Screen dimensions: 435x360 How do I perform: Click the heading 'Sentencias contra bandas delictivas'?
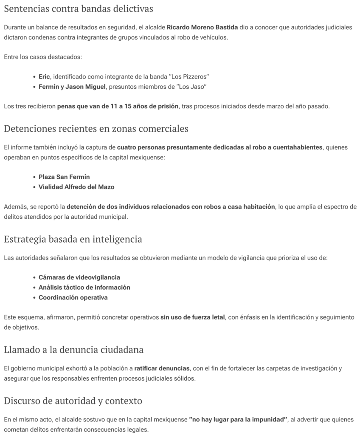click(79, 8)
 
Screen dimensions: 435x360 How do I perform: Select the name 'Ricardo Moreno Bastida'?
click(202, 27)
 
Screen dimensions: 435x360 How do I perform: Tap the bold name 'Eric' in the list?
click(44, 76)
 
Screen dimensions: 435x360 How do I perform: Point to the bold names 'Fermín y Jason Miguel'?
click(72, 87)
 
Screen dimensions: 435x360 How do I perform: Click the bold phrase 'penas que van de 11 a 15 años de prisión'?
click(118, 106)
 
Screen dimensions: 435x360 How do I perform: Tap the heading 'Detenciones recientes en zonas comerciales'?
click(96, 128)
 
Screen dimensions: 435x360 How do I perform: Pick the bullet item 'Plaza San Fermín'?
click(64, 177)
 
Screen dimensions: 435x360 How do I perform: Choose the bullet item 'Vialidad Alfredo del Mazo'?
click(76, 187)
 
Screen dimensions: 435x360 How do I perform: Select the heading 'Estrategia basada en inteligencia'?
click(73, 239)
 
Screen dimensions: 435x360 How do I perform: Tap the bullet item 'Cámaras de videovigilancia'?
click(79, 277)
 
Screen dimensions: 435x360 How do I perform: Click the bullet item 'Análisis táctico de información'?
click(84, 287)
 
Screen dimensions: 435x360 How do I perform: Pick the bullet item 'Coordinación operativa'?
click(73, 297)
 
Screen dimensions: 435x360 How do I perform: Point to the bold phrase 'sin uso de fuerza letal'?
click(192, 317)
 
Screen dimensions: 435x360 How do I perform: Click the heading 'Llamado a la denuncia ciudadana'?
click(73, 350)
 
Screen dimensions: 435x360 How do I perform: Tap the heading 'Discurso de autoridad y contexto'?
click(73, 401)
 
